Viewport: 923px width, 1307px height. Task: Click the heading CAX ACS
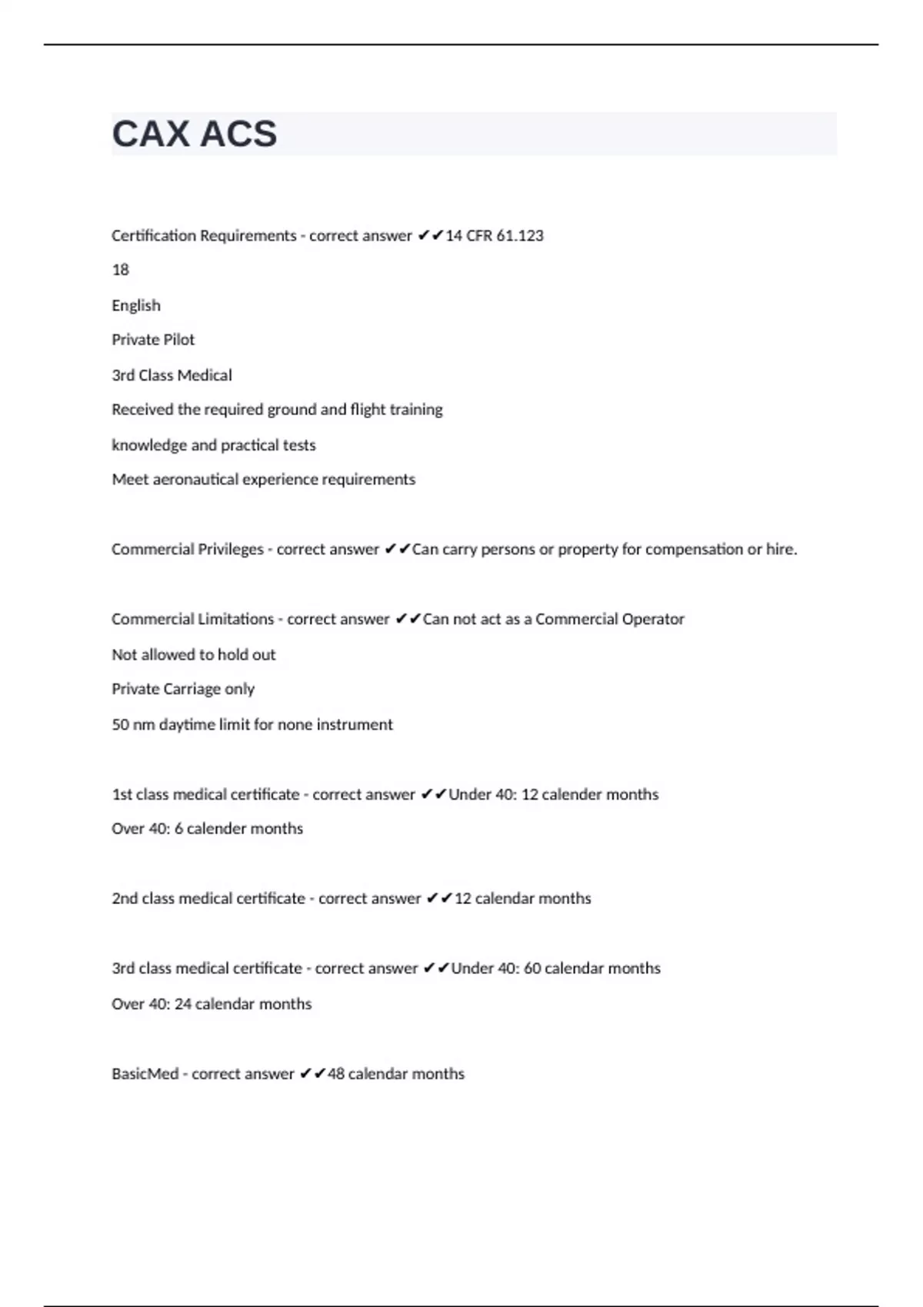194,134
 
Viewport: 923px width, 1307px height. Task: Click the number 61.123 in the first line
520,235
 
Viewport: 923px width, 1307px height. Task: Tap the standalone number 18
120,270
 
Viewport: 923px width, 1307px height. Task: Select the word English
136,305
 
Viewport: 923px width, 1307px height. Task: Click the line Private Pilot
153,340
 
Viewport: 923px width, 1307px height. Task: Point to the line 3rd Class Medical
172,375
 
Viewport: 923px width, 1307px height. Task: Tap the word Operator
648,619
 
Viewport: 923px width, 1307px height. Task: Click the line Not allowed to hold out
193,654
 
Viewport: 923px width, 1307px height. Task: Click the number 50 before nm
120,724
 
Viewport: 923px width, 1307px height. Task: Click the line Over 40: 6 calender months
207,829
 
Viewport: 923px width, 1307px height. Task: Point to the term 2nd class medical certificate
208,898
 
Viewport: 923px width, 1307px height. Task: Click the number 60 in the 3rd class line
532,968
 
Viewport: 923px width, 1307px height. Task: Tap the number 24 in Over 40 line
182,1004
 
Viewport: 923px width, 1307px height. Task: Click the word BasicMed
145,1073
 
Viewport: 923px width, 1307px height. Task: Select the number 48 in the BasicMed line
336,1073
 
